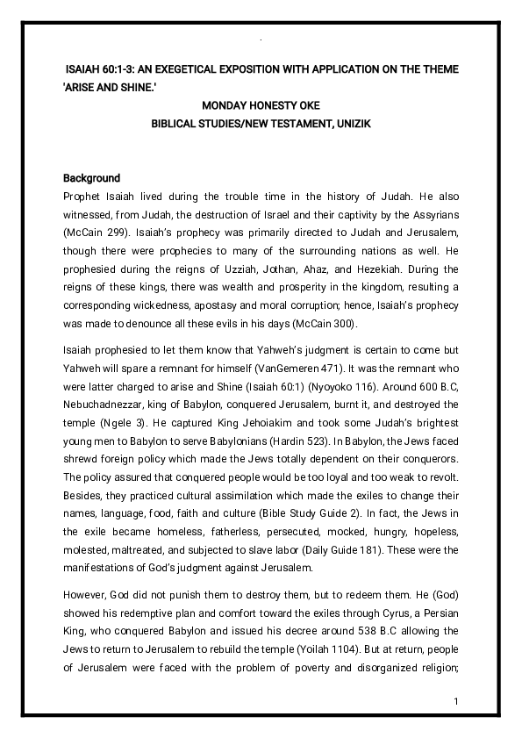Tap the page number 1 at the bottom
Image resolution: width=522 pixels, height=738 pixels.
[x=457, y=702]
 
